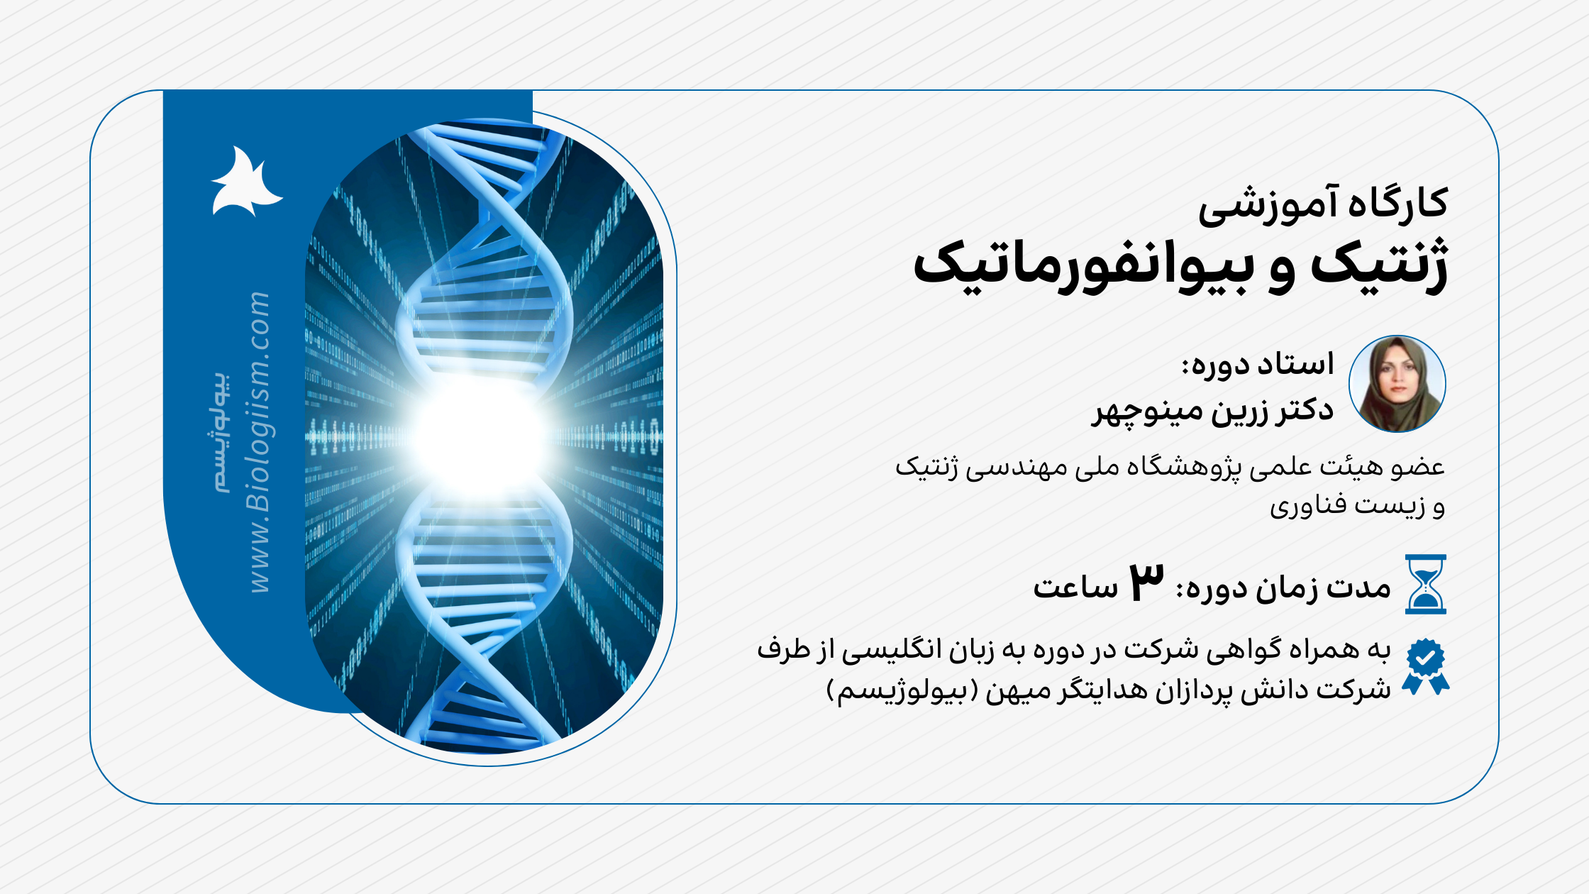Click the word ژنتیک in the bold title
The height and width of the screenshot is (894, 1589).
click(1380, 266)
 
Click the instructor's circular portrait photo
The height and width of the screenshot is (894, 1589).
click(1397, 384)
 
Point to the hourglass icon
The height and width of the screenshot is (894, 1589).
click(1425, 584)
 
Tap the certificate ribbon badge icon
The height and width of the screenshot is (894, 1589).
click(1425, 666)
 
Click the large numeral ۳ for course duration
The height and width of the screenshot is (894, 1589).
click(1146, 583)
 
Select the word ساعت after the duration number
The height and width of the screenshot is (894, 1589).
click(1075, 588)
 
